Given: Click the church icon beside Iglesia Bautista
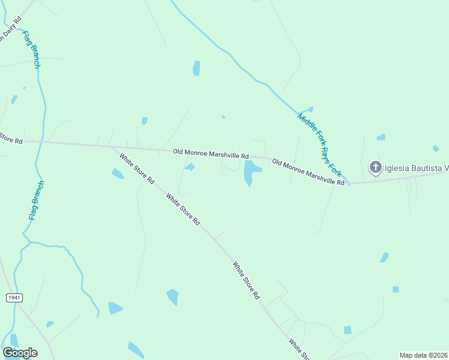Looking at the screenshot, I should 375,167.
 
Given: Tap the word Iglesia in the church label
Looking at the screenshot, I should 398,167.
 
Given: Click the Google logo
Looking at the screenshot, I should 20,353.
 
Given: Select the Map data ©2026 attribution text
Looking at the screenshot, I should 423,355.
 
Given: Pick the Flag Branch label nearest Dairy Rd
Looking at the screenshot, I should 31,48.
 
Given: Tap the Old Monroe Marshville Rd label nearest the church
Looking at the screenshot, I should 308,172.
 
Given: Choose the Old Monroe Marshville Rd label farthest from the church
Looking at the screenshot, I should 210,154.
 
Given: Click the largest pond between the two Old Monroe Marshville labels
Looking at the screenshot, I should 250,173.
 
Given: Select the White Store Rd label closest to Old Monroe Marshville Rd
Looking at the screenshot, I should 137,169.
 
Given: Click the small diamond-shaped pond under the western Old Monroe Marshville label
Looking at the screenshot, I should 190,167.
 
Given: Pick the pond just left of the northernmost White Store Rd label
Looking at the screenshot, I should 118,174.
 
